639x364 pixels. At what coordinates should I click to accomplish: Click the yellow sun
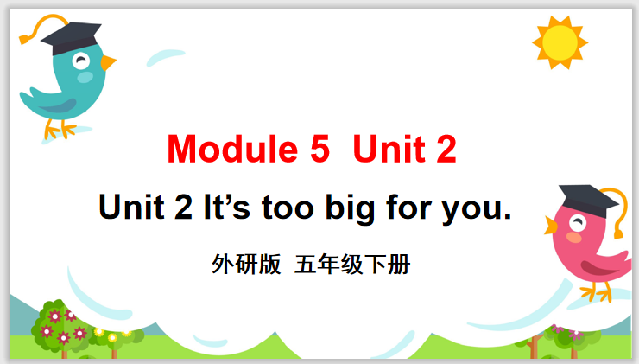pyautogui.click(x=560, y=42)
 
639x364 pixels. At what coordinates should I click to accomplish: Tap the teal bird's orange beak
pyautogui.click(x=108, y=62)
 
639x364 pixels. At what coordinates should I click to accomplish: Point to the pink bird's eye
pyautogui.click(x=578, y=223)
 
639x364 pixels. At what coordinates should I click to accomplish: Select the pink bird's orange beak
pyautogui.click(x=551, y=226)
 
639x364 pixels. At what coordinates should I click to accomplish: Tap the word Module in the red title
pyautogui.click(x=232, y=149)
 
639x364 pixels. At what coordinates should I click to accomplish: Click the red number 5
pyautogui.click(x=319, y=150)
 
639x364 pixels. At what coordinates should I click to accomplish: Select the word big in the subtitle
pyautogui.click(x=350, y=208)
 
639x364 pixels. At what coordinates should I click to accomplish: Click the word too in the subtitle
pyautogui.click(x=288, y=208)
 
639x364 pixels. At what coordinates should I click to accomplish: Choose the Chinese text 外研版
pyautogui.click(x=246, y=264)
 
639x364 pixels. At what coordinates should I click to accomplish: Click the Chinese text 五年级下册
pyautogui.click(x=352, y=264)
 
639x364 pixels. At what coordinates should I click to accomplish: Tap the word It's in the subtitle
pyautogui.click(x=226, y=208)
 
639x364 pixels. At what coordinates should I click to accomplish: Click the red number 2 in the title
pyautogui.click(x=446, y=150)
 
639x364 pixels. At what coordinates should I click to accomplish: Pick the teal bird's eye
pyautogui.click(x=80, y=61)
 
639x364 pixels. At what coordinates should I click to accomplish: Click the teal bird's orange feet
pyautogui.click(x=60, y=129)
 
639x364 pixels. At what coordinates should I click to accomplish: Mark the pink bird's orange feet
pyautogui.click(x=596, y=291)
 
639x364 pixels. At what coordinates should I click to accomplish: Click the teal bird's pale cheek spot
pyautogui.click(x=85, y=77)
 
